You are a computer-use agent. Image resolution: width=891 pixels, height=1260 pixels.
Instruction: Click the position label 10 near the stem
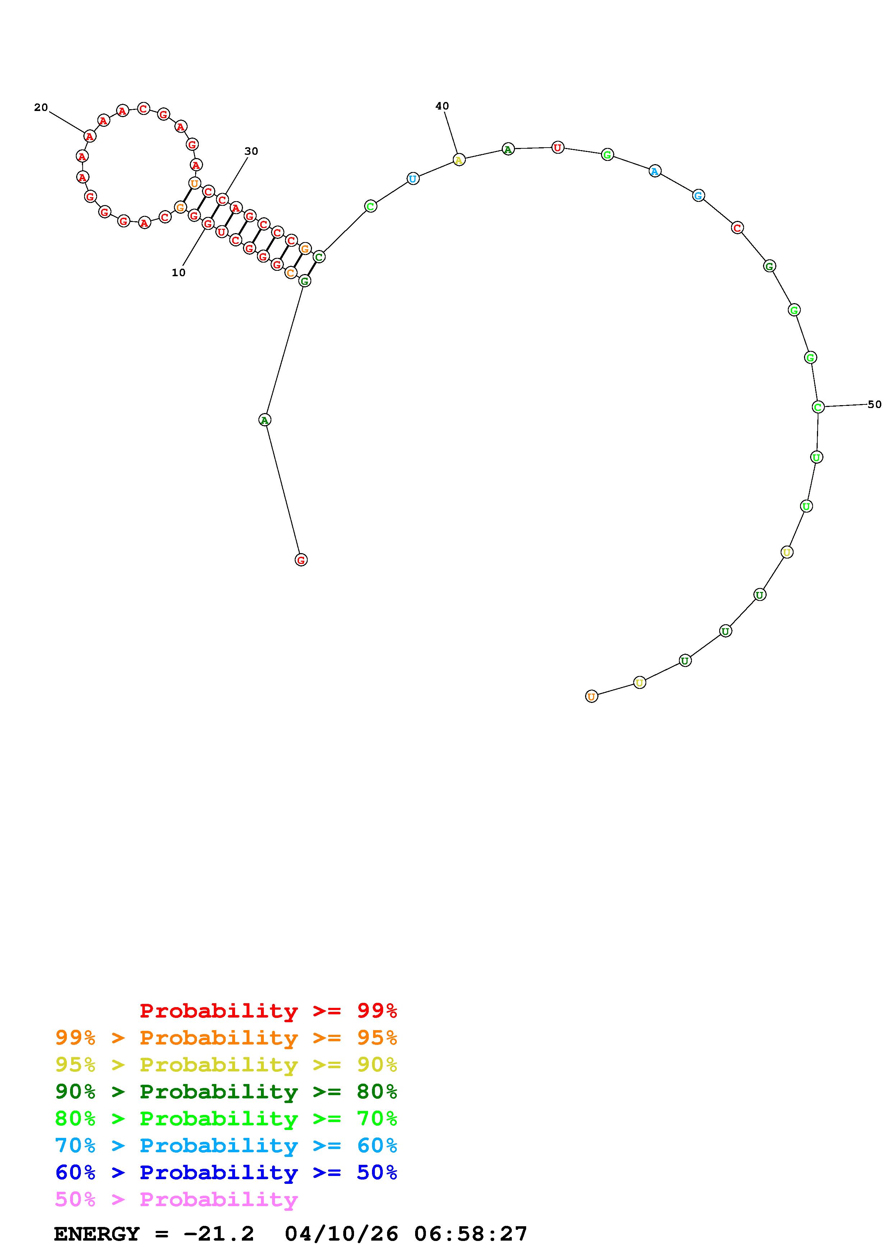coord(178,273)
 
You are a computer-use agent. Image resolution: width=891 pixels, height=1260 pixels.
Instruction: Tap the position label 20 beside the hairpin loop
coord(41,107)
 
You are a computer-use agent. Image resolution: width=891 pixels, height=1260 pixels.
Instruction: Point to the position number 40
coord(442,106)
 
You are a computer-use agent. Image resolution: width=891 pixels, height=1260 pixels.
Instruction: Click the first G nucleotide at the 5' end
coord(301,560)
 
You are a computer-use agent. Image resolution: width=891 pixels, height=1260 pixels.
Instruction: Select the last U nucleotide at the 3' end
coord(591,696)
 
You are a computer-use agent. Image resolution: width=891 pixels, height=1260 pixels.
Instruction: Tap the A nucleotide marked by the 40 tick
coord(459,160)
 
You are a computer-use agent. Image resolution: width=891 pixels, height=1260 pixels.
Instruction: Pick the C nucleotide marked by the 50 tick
coord(818,407)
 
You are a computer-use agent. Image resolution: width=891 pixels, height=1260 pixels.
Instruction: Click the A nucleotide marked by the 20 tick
coord(89,135)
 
